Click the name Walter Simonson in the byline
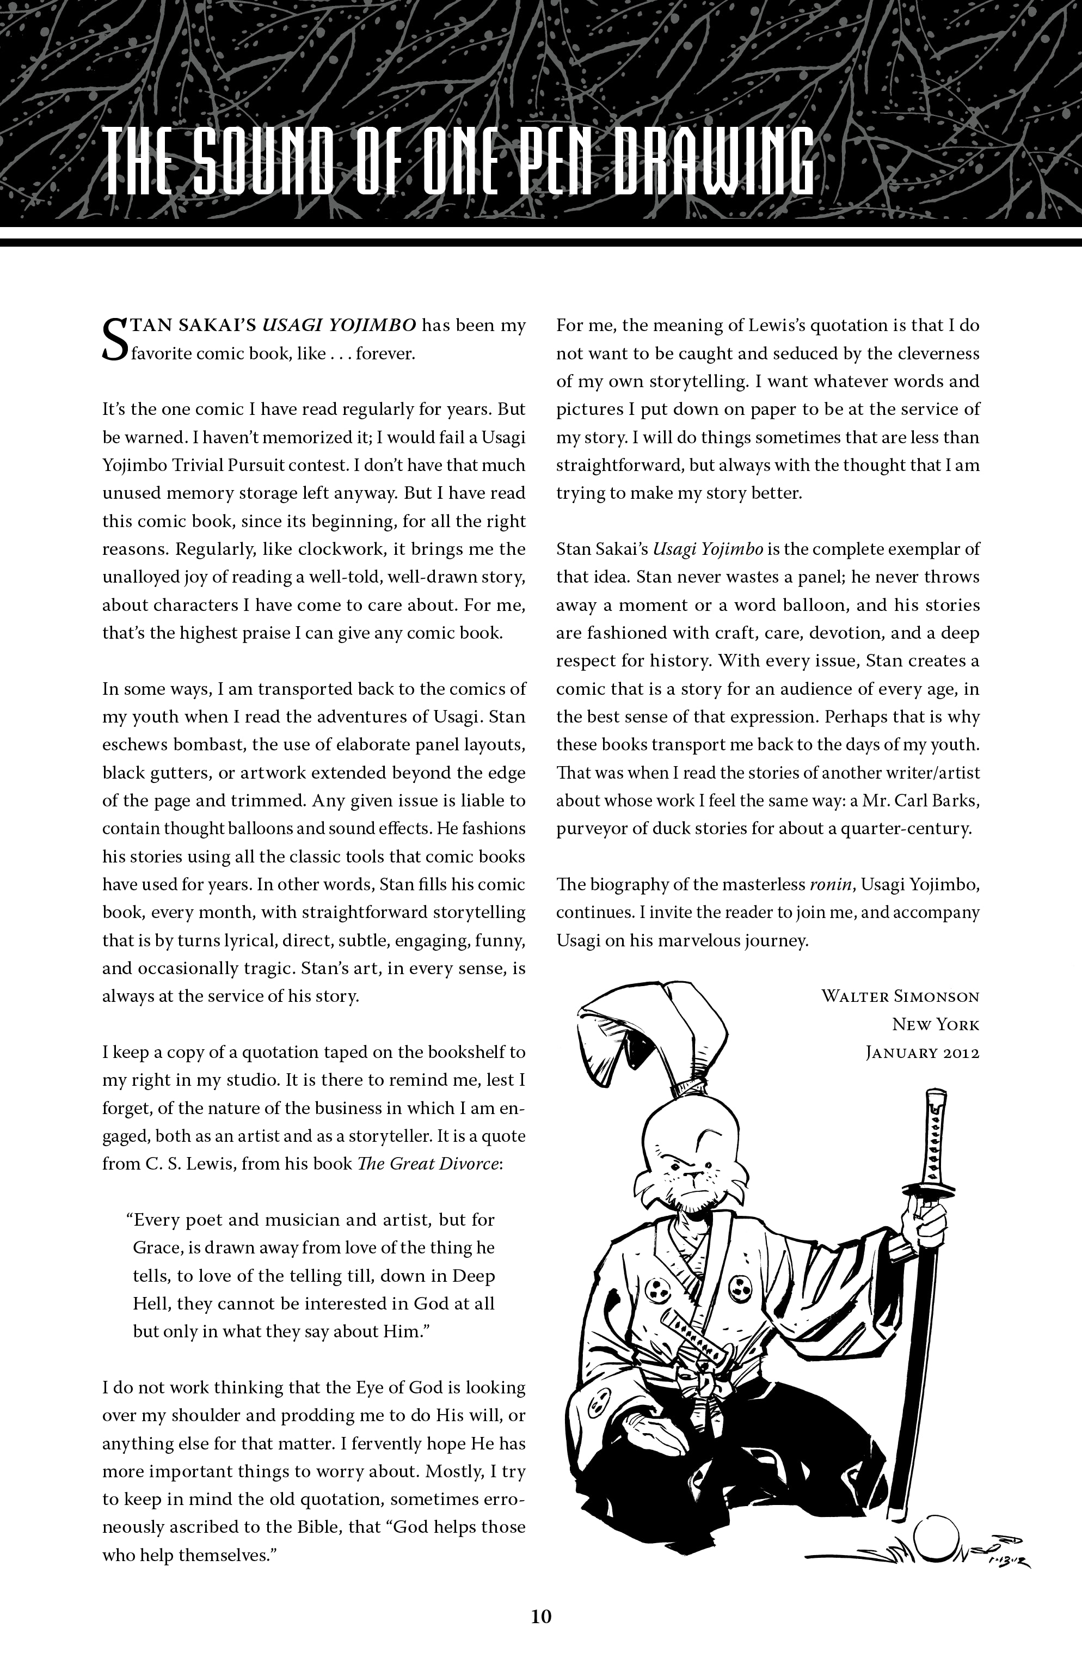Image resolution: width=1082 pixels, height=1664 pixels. [900, 996]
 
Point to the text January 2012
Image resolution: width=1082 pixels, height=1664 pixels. [922, 1052]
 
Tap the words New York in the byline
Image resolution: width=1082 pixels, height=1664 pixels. [935, 1024]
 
